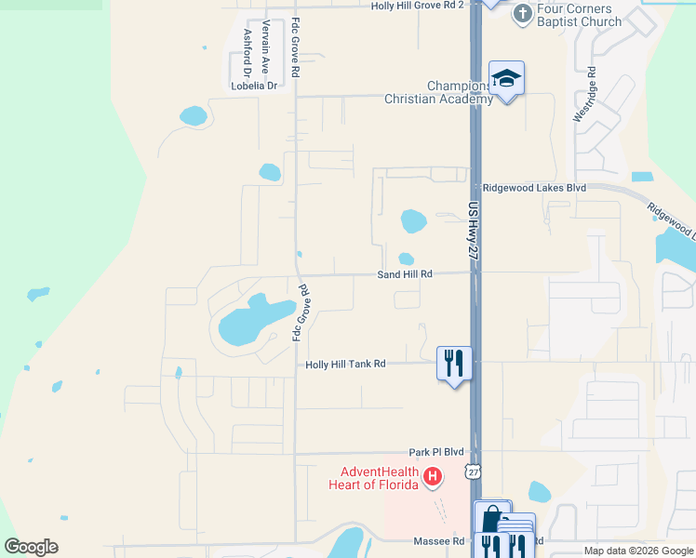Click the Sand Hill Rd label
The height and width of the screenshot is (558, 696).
tap(405, 274)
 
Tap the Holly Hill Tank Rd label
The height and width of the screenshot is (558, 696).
tap(345, 365)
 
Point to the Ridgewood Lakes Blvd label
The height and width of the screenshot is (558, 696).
tap(534, 187)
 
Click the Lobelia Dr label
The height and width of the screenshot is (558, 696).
tap(254, 86)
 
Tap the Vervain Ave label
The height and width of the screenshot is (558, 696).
tap(266, 47)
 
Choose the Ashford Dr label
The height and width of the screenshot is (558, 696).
tap(248, 52)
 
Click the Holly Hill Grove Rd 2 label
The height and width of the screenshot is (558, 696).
tap(416, 6)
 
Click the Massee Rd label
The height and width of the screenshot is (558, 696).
tap(438, 540)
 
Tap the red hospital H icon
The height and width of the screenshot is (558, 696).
tap(432, 477)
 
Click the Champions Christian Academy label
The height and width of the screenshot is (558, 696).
tap(436, 92)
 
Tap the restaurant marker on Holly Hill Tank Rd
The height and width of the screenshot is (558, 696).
tap(454, 362)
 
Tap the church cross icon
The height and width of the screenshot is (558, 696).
tap(523, 13)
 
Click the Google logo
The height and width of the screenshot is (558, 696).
tap(32, 547)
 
